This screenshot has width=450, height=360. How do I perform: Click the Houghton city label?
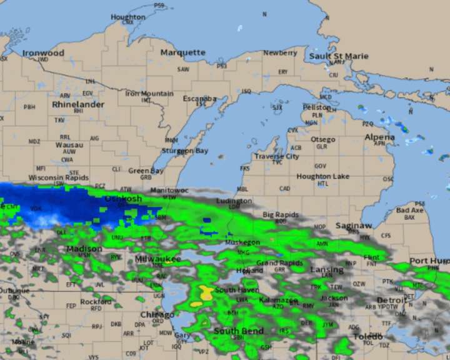click(x=128, y=17)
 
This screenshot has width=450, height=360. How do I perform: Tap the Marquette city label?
click(x=182, y=53)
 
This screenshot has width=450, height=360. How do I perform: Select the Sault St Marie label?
click(x=339, y=56)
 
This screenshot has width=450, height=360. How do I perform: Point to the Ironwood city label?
click(x=43, y=53)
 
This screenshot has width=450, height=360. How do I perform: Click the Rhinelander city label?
click(x=78, y=104)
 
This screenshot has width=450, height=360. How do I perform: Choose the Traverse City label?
click(x=276, y=156)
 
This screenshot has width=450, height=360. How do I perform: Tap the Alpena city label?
click(x=380, y=137)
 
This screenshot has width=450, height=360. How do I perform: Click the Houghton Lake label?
click(x=322, y=177)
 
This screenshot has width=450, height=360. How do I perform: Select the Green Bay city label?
click(x=146, y=171)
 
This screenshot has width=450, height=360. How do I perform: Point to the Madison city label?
click(x=84, y=249)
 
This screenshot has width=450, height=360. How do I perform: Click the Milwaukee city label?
click(x=158, y=259)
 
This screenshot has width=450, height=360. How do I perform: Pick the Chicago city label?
click(x=157, y=315)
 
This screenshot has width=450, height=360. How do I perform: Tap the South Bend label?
click(x=237, y=331)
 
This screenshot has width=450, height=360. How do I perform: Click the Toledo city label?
click(x=367, y=336)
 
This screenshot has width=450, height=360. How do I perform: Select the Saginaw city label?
click(x=354, y=226)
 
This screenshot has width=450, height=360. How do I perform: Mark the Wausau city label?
click(x=69, y=145)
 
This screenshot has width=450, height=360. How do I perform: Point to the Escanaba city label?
click(x=200, y=99)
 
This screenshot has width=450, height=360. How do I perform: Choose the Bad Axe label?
click(x=410, y=211)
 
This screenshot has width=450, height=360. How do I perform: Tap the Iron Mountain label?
click(x=149, y=94)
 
